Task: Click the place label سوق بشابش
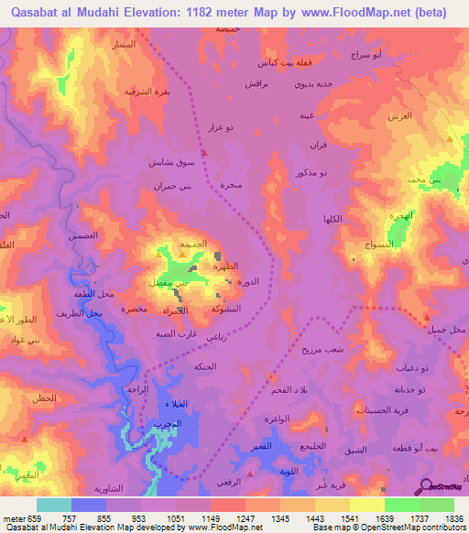coord(171,161)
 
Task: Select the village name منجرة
coord(230,184)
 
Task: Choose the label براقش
coord(255,83)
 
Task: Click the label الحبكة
coord(204,366)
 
